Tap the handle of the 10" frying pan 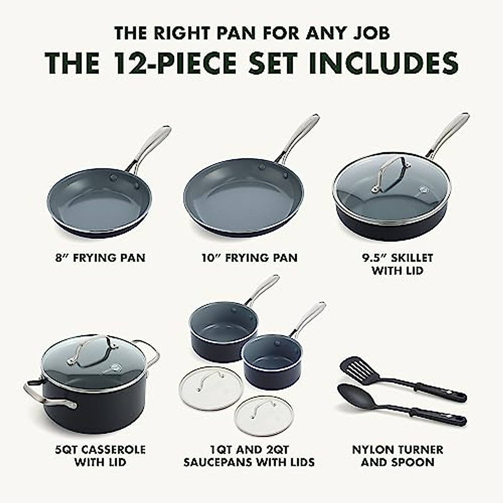[x=298, y=136]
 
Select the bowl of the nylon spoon [x=355, y=392]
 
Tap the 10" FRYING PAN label [x=249, y=257]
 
